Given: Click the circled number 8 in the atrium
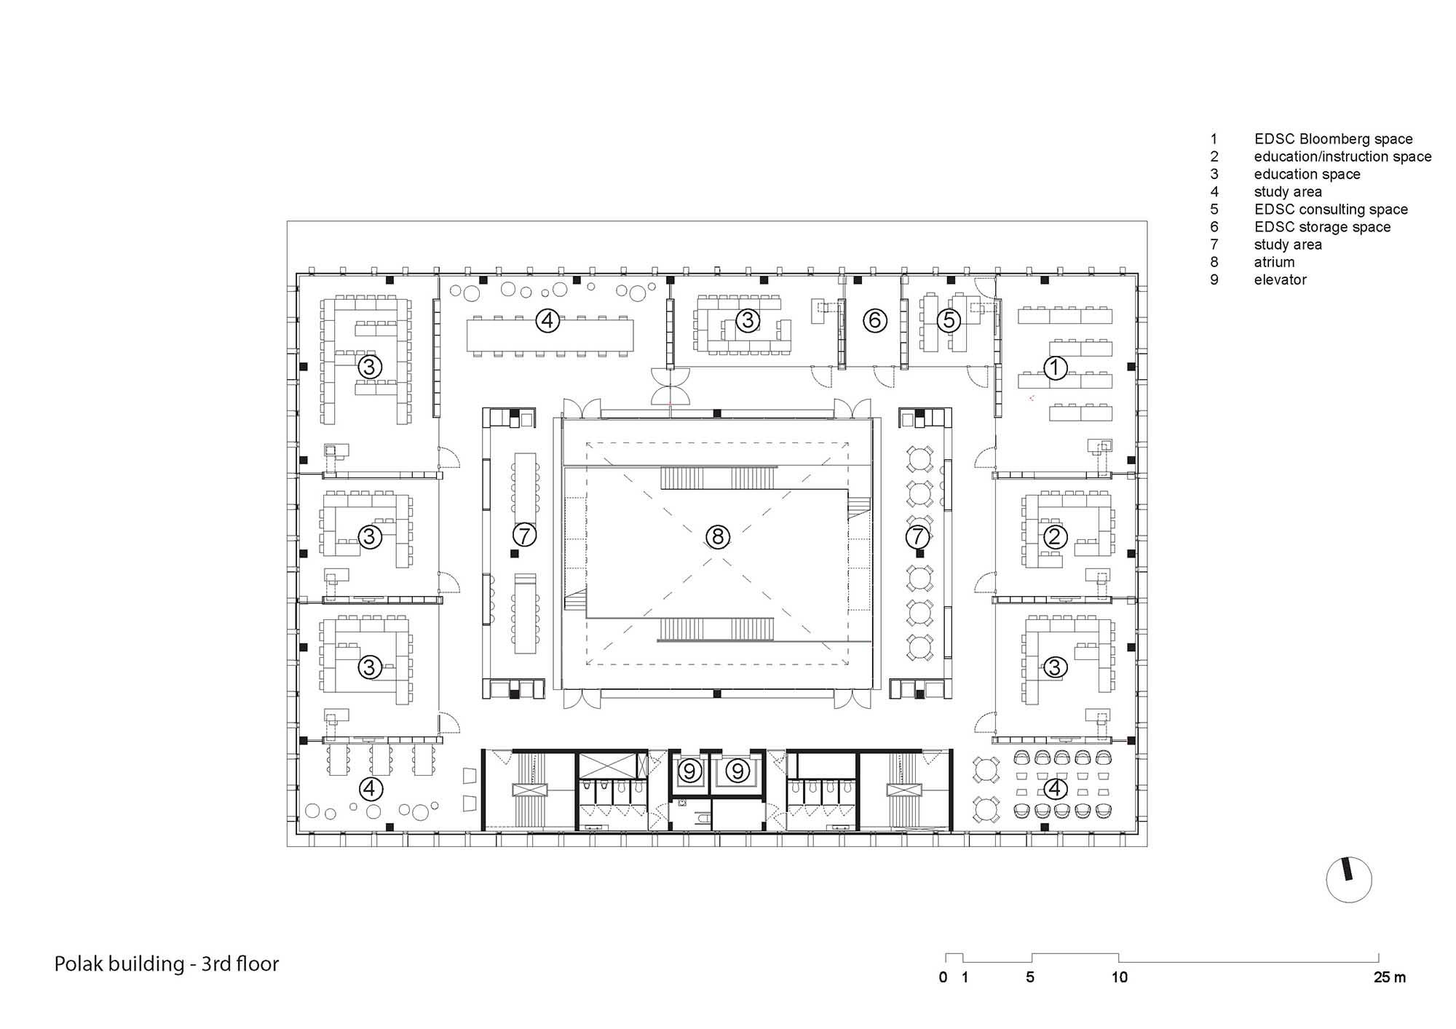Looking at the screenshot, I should (718, 537).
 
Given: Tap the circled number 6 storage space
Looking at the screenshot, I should (875, 320).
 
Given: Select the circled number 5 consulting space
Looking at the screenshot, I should (949, 320).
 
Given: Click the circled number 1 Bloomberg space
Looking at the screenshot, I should (1055, 367).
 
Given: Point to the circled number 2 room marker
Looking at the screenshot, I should (1055, 538).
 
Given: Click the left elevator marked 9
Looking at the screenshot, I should (690, 771).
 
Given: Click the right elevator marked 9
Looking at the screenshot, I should (738, 771).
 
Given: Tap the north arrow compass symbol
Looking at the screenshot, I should (1349, 879).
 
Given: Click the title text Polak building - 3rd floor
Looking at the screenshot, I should (167, 964).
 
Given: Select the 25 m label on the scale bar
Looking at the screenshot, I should (1389, 977).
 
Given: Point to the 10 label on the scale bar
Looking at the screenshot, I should (1119, 977).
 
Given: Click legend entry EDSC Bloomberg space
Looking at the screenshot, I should (1333, 139).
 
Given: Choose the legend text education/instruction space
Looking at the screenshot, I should (1342, 156).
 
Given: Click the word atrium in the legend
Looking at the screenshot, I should (1274, 262).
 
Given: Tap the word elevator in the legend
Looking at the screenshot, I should (1280, 279).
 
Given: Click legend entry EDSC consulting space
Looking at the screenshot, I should (1331, 210).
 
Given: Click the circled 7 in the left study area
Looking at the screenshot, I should (524, 536).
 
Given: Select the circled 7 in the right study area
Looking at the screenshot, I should (917, 537).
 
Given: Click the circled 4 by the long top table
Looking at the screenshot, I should (547, 320).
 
